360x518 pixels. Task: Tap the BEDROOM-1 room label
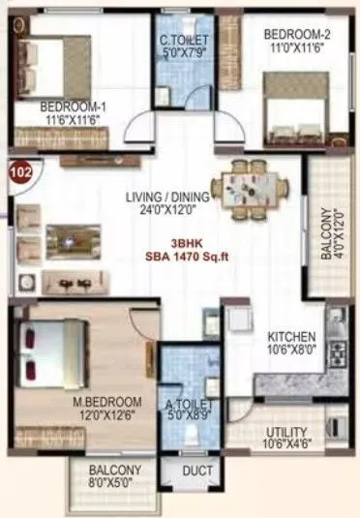[x=71, y=107]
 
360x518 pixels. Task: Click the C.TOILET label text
[x=181, y=40]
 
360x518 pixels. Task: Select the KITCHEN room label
[x=291, y=336]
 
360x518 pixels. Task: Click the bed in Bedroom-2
[x=296, y=113]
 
